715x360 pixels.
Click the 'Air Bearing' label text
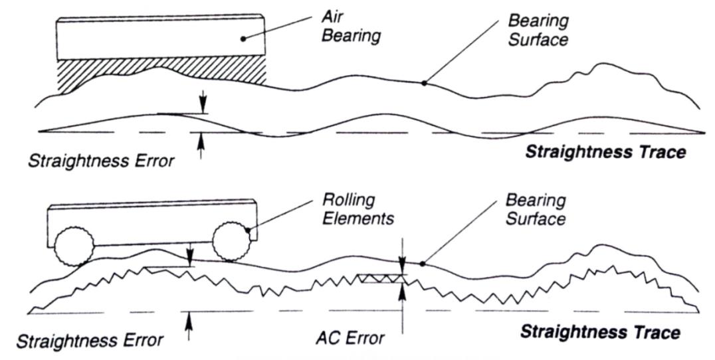point(351,27)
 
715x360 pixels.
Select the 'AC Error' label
point(351,339)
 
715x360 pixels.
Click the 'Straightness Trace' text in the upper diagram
point(604,153)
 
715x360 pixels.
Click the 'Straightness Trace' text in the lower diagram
point(600,332)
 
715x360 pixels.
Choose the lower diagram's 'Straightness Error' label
point(89,341)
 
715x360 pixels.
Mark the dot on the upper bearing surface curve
point(423,83)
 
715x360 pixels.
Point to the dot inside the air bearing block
point(244,39)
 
